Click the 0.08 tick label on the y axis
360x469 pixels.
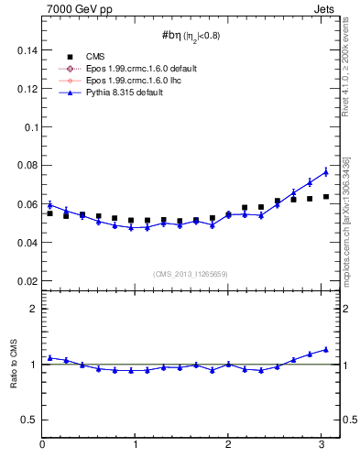[26, 166]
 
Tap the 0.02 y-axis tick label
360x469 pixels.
[26, 281]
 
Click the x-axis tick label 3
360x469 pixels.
[322, 445]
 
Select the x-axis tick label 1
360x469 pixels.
[136, 445]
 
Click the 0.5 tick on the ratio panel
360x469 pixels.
[28, 420]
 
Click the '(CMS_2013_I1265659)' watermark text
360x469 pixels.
[191, 274]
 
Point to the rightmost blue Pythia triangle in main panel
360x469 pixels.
[326, 171]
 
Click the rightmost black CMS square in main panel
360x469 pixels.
[326, 196]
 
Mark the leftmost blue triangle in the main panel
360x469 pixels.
[50, 204]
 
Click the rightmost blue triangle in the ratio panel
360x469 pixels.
[326, 349]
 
